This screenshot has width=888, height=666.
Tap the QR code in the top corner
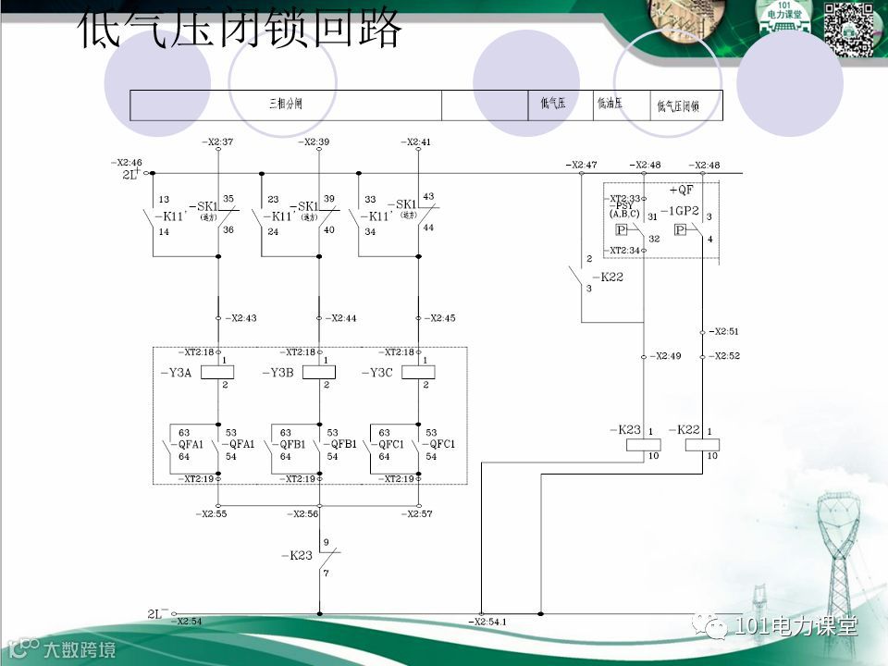pos(849,29)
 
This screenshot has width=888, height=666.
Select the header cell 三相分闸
pos(285,105)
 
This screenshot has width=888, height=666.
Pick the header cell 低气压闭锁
pos(677,106)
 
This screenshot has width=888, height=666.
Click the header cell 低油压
pos(610,104)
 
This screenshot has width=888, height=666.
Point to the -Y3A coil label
pos(176,373)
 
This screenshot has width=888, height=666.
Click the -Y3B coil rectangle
pos(318,372)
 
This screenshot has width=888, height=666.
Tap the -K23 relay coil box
pos(644,444)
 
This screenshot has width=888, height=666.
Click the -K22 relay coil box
pos(702,444)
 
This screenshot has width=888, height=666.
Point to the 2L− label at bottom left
pos(157,612)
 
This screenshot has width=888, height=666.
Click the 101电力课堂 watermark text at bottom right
pos(795,626)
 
